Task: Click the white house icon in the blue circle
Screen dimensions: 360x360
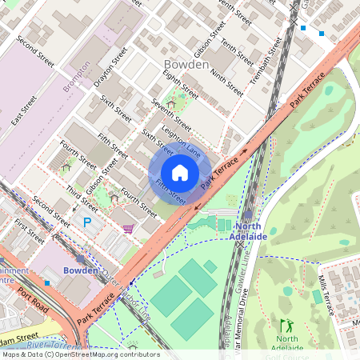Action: point(180,173)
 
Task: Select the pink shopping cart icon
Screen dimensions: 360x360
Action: point(128,229)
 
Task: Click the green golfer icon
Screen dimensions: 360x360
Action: point(286,326)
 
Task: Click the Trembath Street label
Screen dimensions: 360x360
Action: point(266,62)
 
